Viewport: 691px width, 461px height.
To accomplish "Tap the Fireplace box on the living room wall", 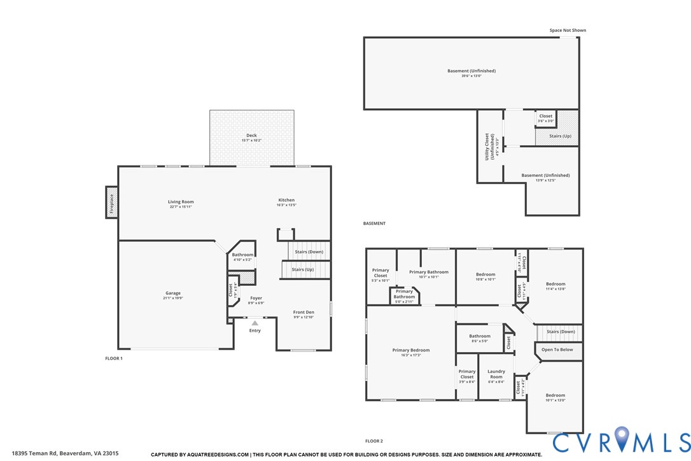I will [x=112, y=202].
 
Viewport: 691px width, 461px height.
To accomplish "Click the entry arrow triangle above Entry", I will [x=255, y=323].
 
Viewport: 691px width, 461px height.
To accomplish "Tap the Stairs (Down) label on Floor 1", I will [x=309, y=252].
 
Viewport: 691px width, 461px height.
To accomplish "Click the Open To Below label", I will [x=557, y=350].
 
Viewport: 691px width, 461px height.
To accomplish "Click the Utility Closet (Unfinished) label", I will [x=489, y=146].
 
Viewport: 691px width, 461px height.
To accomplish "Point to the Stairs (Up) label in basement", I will [x=560, y=136].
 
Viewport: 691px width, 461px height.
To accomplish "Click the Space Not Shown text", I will [x=568, y=30].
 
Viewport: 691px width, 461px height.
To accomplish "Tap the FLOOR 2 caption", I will [x=373, y=441].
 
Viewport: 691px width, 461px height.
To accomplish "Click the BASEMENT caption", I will [x=374, y=223].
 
